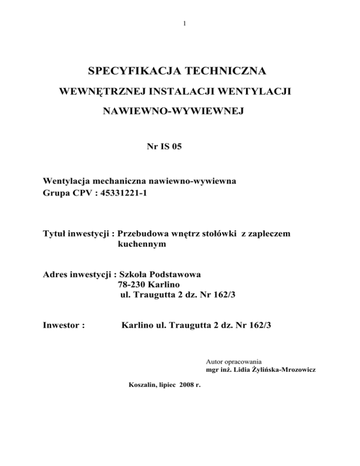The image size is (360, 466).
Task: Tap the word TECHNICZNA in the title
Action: click(228, 72)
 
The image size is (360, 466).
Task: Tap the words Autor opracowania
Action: click(233, 361)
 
